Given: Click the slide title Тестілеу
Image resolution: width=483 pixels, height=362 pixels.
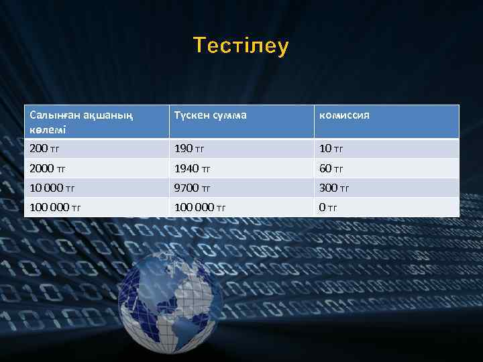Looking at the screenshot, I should pyautogui.click(x=241, y=46).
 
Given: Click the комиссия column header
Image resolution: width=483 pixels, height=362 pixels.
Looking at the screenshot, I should pyautogui.click(x=344, y=115).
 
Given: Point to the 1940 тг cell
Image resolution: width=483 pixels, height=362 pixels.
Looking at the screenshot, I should pyautogui.click(x=193, y=168).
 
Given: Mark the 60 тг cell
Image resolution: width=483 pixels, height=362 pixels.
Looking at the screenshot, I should pyautogui.click(x=331, y=168).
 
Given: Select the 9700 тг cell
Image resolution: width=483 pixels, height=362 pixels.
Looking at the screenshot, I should pyautogui.click(x=193, y=188).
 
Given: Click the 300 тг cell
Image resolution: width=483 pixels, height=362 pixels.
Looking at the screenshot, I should pyautogui.click(x=334, y=188).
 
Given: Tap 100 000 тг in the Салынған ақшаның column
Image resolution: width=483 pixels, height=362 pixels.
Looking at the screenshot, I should pyautogui.click(x=55, y=207).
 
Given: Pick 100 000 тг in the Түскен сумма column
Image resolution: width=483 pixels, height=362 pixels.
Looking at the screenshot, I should pyautogui.click(x=200, y=207).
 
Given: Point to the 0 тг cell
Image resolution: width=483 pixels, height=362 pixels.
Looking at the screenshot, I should pyautogui.click(x=328, y=207).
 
